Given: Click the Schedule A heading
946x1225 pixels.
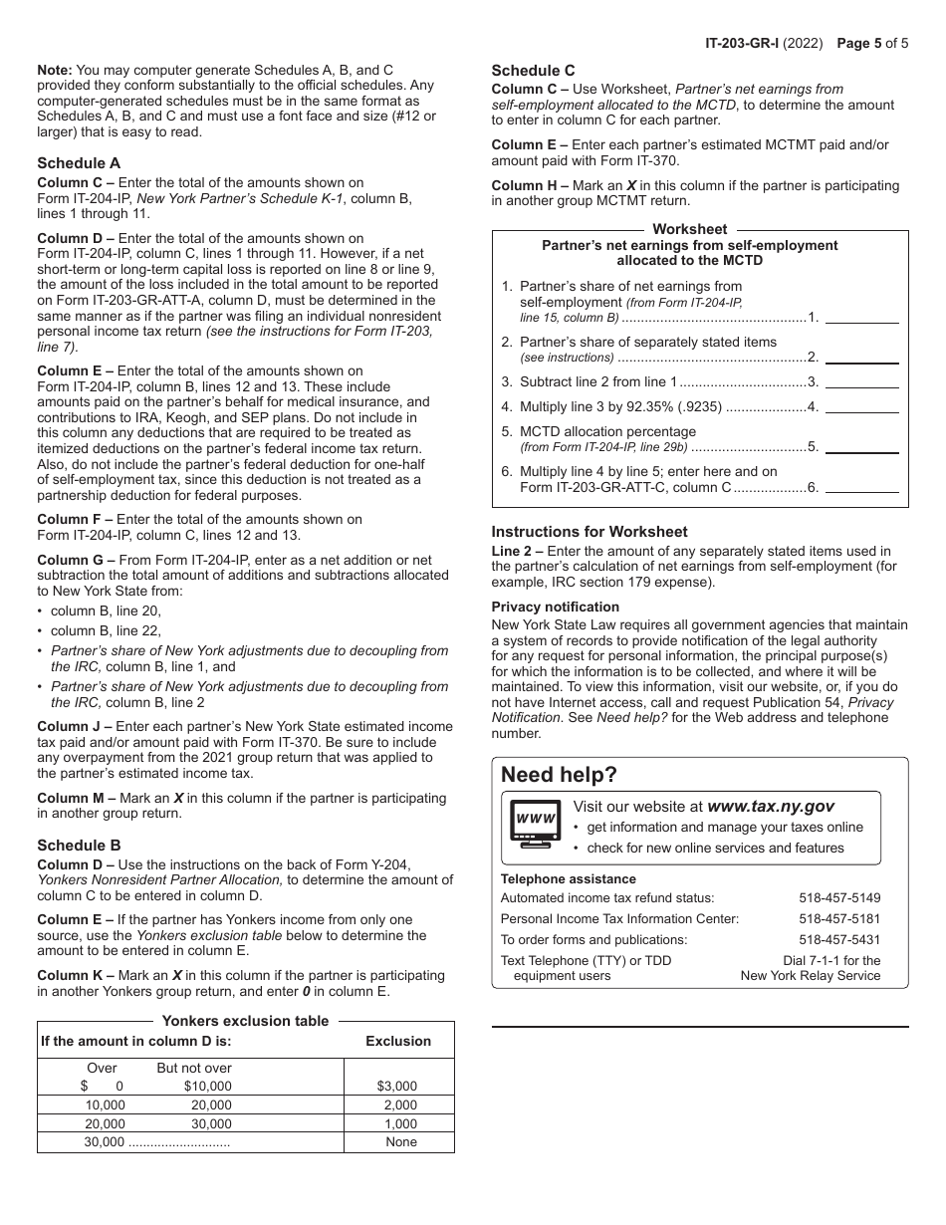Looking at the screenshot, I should pos(79,163).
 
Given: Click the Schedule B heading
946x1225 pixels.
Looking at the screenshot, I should pos(79,846).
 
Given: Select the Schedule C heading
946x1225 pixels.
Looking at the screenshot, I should pos(533,71).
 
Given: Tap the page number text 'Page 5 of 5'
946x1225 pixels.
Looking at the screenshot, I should pos(872,43).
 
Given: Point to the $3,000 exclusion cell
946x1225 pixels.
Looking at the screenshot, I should pos(397,1087).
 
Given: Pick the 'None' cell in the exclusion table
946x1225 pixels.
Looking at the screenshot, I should pos(401,1142).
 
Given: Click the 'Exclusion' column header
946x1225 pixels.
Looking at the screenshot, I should pos(398,1041).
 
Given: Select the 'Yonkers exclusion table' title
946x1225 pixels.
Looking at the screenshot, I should pos(245,1021).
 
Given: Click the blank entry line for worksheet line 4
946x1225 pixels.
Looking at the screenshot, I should pos(861,406).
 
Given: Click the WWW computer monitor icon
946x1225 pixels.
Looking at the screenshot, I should pos(535,822).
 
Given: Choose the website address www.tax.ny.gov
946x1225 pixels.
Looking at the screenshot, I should pos(770,807).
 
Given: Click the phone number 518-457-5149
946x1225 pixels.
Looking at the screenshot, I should pos(839,898).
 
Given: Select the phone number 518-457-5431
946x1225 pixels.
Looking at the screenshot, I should pos(839,940).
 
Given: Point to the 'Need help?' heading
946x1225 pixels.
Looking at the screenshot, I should pos(559,775).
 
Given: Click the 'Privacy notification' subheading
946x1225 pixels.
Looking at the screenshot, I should pos(555,607).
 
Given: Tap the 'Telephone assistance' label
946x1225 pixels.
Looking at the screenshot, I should pos(568,879).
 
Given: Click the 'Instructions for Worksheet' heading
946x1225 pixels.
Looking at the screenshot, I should pos(590,532).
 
